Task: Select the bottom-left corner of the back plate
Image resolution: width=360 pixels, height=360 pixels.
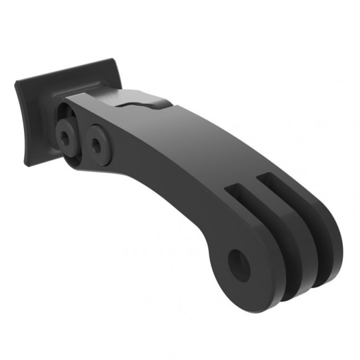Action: (x=28, y=163)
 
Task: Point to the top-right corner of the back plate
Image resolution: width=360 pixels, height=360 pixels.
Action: (x=113, y=60)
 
